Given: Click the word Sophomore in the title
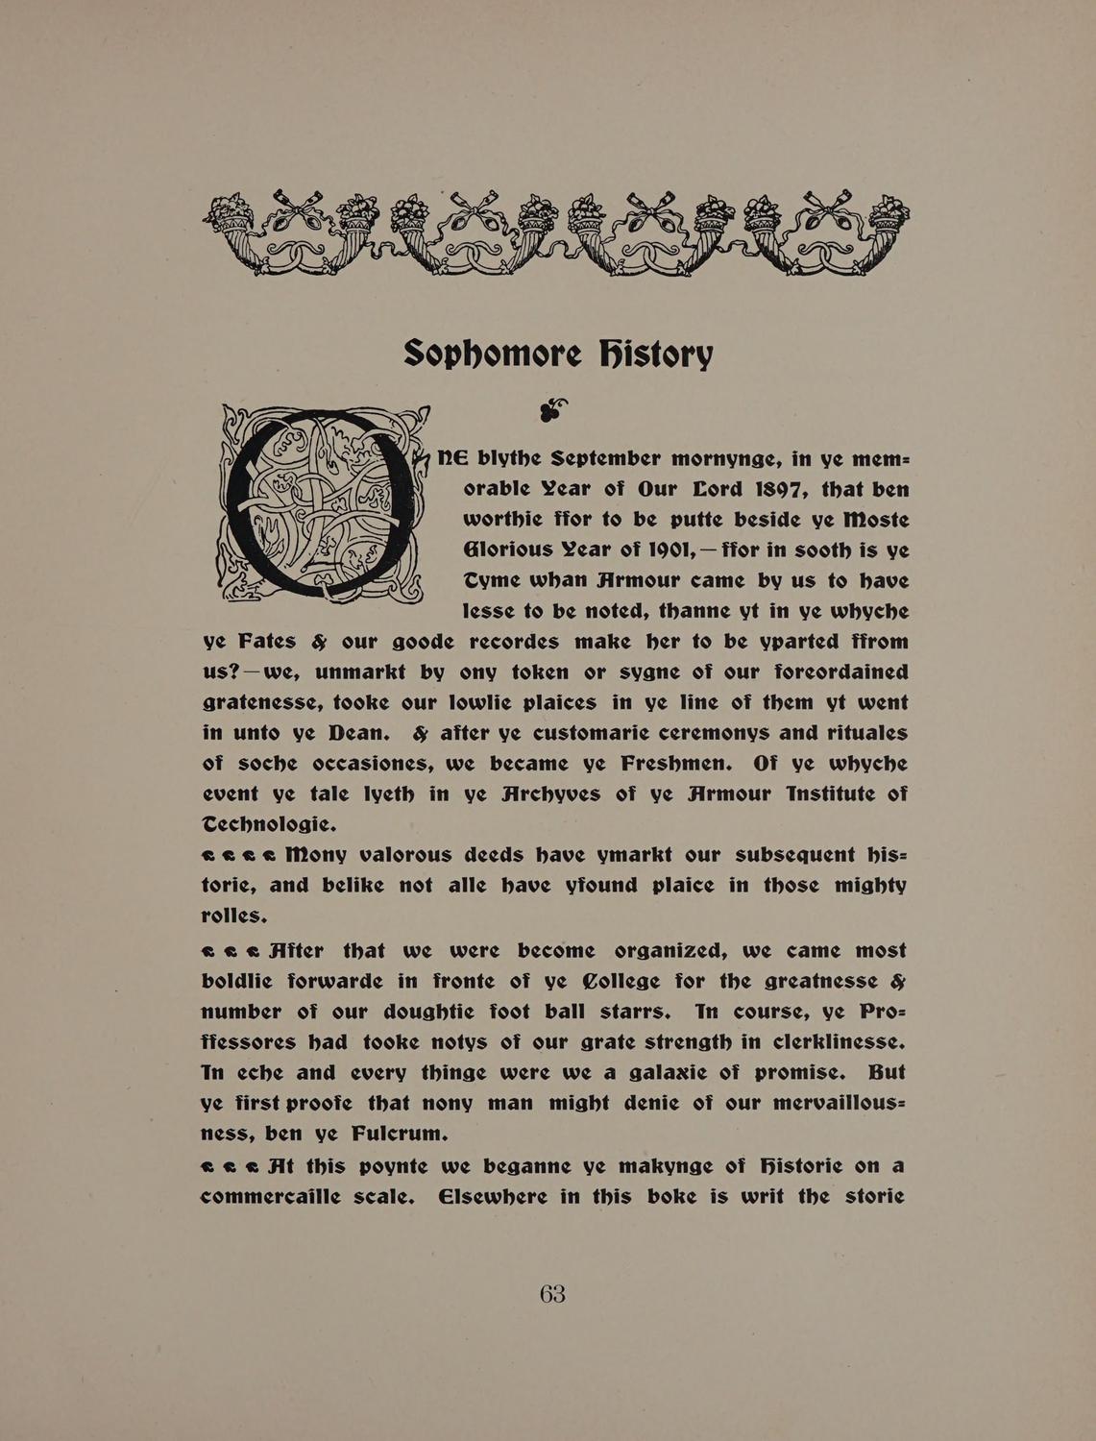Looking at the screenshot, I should tap(492, 354).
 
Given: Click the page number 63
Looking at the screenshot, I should tap(552, 1294).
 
